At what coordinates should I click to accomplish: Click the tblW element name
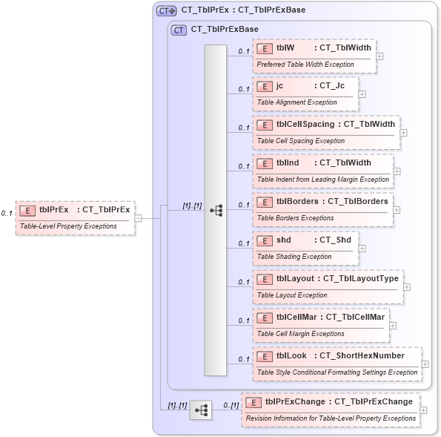tap(285, 47)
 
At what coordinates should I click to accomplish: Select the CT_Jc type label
tap(332, 85)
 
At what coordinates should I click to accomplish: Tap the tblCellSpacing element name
tap(305, 124)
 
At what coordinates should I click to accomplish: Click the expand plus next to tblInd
tap(397, 171)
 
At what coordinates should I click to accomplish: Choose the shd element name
tap(284, 240)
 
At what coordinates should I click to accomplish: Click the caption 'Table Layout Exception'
tap(292, 295)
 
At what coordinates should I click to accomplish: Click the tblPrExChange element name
tap(295, 401)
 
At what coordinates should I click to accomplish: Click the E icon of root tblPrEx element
tap(27, 210)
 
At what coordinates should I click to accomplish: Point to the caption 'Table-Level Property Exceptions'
tap(67, 226)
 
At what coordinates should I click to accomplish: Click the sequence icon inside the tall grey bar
tap(216, 210)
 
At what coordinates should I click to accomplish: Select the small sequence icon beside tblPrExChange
tap(200, 410)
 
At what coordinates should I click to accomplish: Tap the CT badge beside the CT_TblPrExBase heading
tap(179, 30)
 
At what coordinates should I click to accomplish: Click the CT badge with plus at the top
tap(166, 10)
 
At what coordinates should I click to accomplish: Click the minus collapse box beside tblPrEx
tap(139, 218)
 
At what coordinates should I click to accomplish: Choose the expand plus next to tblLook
tap(425, 364)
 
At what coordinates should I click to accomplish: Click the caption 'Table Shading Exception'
tap(294, 257)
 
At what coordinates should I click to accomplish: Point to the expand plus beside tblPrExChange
tap(423, 410)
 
